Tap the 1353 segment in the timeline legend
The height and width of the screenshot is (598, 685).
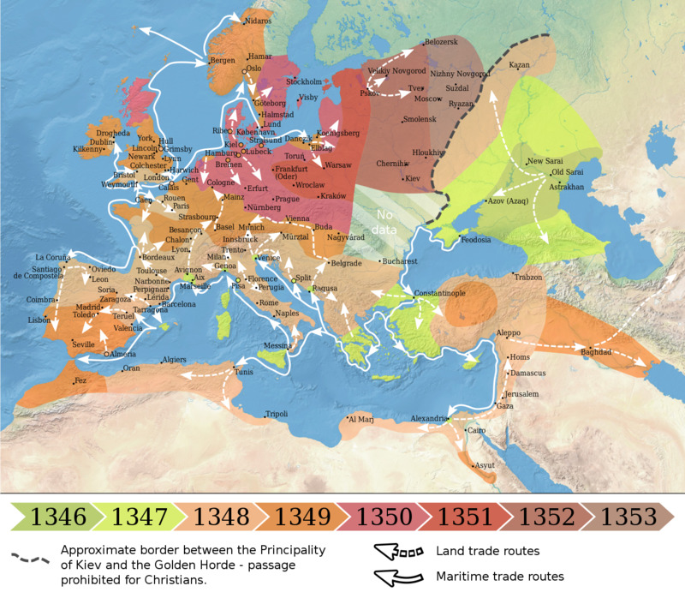[629, 517]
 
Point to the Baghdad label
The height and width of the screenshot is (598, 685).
[596, 352]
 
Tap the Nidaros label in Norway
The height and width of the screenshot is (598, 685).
[258, 21]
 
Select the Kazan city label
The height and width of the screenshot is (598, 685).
[520, 65]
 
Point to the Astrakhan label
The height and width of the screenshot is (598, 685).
[566, 186]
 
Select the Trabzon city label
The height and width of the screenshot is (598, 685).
[528, 278]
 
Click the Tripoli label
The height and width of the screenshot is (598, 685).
[277, 414]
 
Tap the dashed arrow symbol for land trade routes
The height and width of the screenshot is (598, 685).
[401, 552]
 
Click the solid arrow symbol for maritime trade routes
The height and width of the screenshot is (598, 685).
[401, 577]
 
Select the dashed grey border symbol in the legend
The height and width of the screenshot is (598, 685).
[30, 557]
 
